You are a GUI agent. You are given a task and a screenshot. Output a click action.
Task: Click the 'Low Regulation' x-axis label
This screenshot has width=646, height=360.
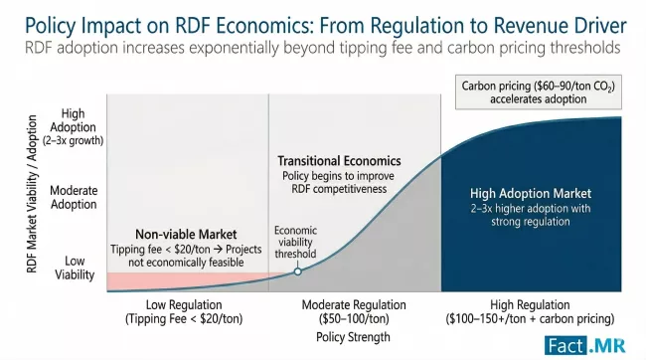173,304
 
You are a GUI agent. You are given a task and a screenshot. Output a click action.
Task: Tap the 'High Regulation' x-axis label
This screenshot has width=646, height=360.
532,304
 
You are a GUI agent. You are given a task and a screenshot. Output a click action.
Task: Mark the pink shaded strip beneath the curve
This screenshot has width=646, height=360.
189,280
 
